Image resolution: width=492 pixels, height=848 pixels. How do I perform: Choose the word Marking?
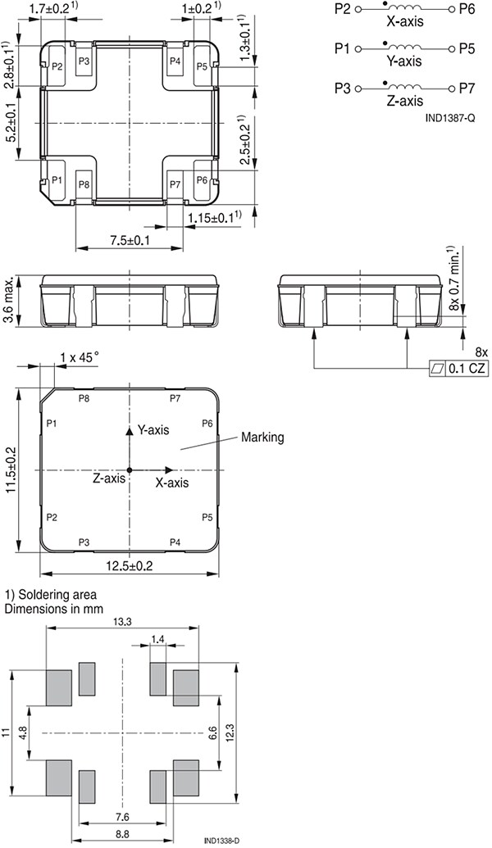point(262,438)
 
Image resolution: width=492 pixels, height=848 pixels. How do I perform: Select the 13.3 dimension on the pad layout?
point(122,623)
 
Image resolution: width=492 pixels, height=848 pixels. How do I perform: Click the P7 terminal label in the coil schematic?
point(467,88)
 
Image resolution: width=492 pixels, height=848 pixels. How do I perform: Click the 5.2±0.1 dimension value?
point(9,123)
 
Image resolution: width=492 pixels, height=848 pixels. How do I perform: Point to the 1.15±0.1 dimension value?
point(215,217)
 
